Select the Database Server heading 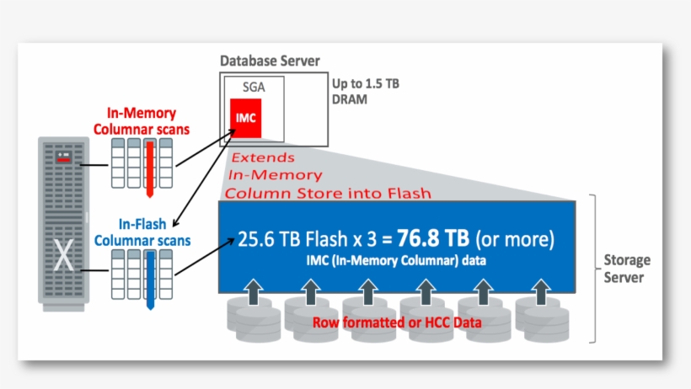270,61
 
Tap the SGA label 254,87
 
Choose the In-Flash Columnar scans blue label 142,232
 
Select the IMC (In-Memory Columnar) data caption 395,261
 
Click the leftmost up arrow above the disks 253,292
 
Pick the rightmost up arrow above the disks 540,292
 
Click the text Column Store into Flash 327,193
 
